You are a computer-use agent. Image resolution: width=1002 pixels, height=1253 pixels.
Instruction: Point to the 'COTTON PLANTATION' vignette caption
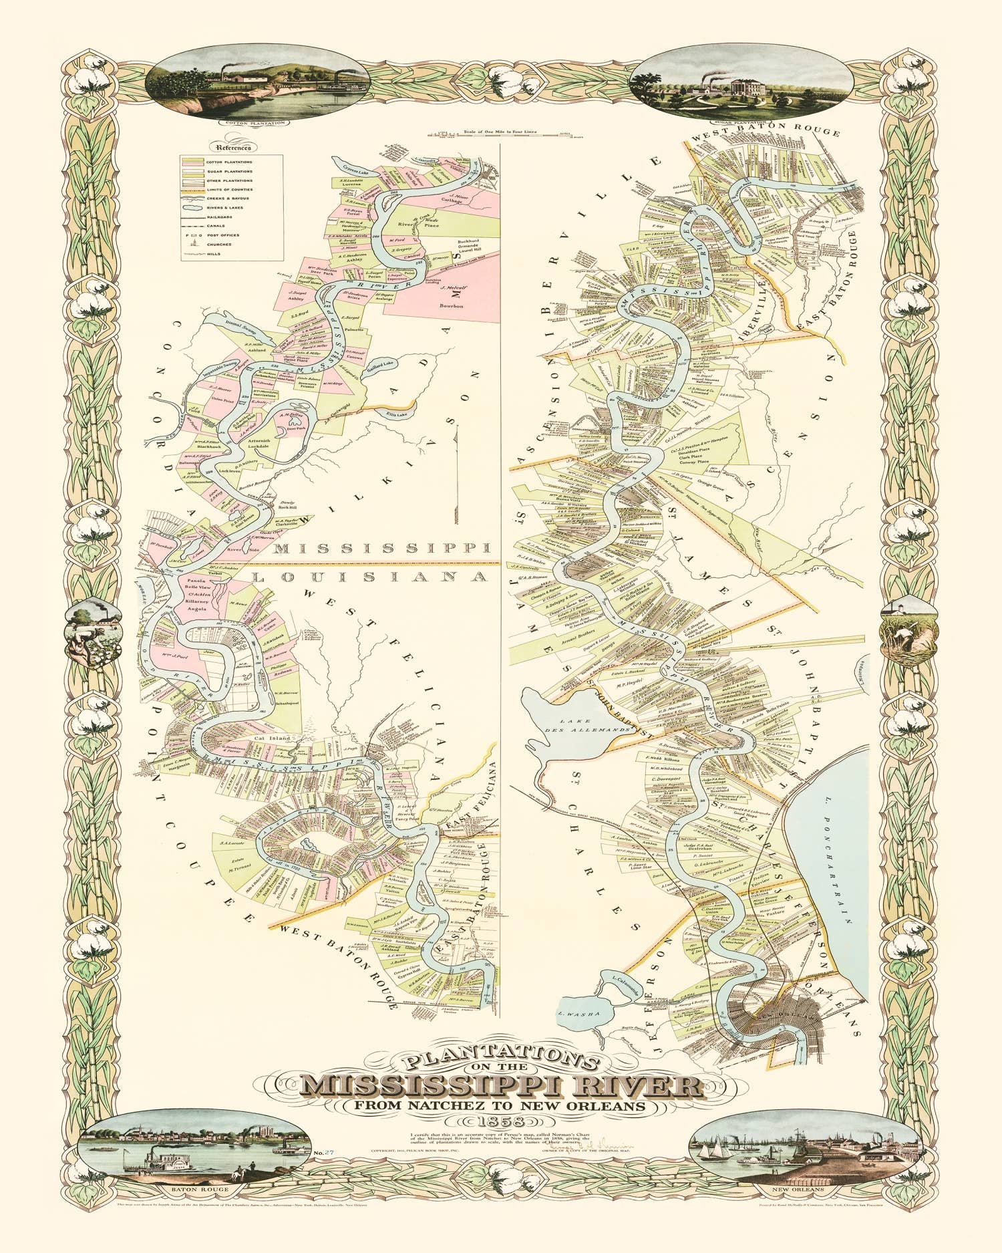click(255, 123)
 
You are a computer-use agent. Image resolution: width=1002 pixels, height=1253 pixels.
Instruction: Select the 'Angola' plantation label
click(199, 609)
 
